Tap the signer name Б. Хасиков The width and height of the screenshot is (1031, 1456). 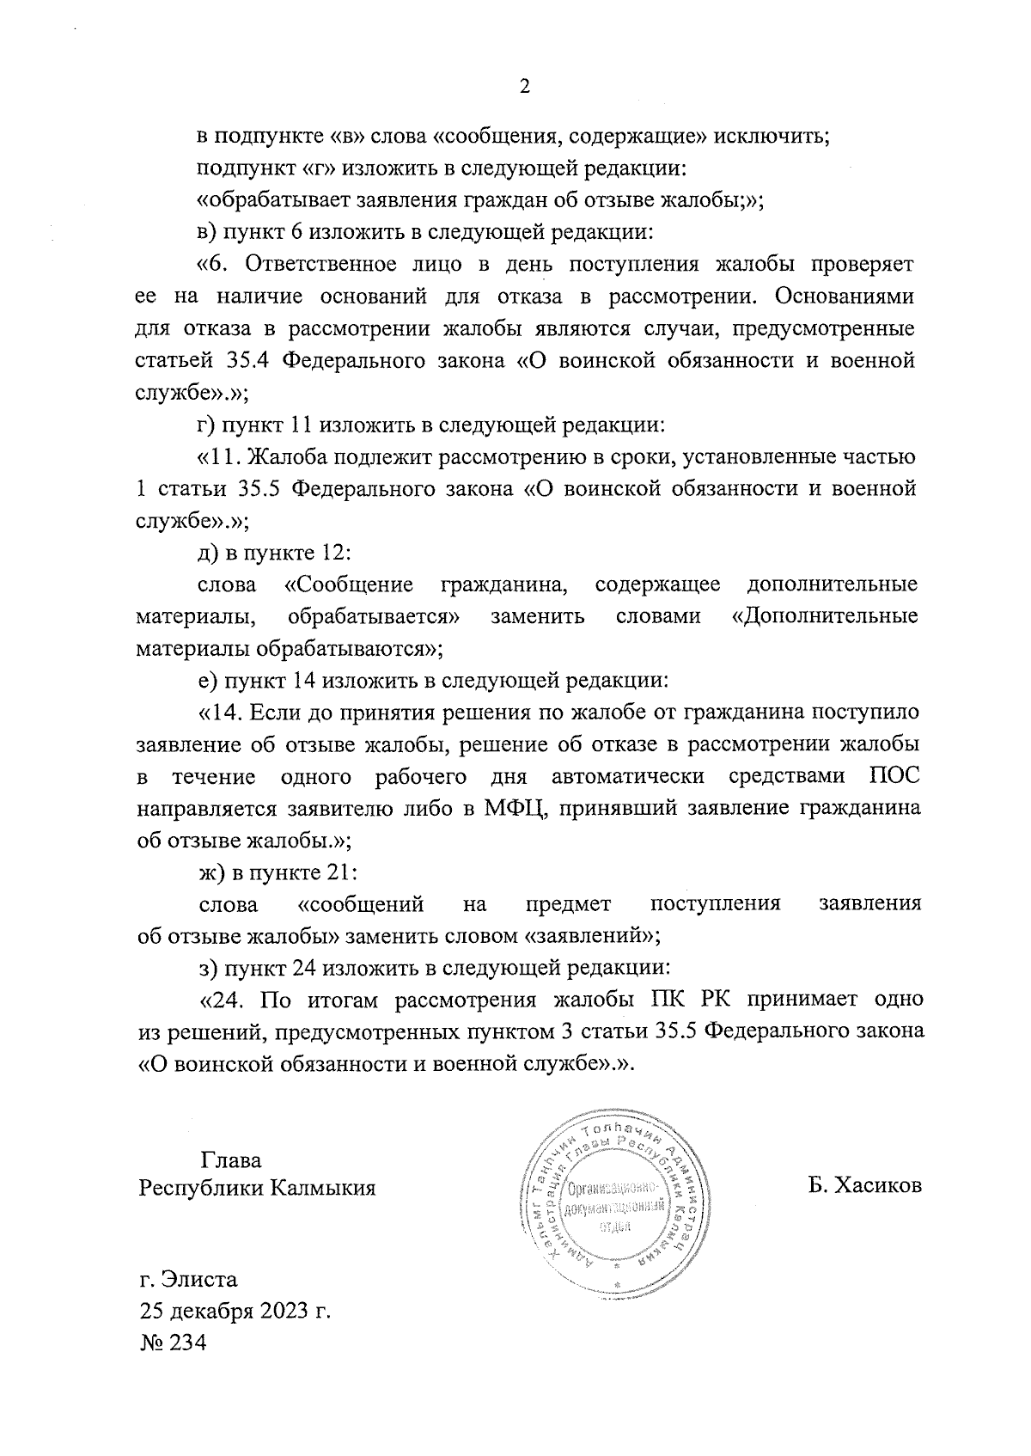point(864,1186)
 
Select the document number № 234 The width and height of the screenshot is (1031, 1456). point(173,1343)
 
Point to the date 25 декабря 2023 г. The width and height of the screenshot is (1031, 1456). point(235,1311)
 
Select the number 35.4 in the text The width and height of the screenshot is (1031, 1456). point(249,361)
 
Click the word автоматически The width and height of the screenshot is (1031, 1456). point(628,777)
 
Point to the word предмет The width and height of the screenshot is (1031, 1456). point(568,903)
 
